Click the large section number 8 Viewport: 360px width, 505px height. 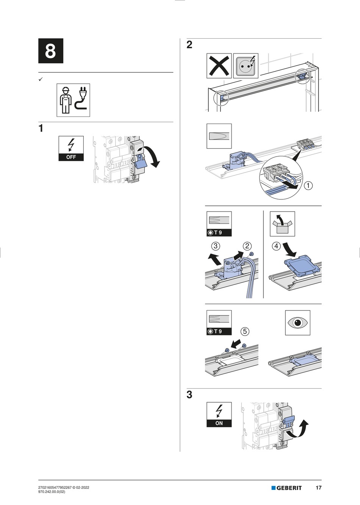pyautogui.click(x=50, y=51)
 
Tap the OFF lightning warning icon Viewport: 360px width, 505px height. pyautogui.click(x=71, y=148)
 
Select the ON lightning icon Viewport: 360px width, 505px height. pyautogui.click(x=219, y=414)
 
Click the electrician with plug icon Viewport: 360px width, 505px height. pyautogui.click(x=73, y=100)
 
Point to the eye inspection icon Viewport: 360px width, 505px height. pyautogui.click(x=297, y=323)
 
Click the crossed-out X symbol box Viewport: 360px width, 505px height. pyautogui.click(x=219, y=66)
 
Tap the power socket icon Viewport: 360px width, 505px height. pyautogui.click(x=246, y=66)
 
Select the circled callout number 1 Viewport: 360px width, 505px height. pyautogui.click(x=308, y=185)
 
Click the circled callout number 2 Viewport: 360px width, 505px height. pyautogui.click(x=247, y=246)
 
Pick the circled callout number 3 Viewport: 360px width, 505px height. pyautogui.click(x=216, y=246)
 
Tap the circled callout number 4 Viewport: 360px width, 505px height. pyautogui.click(x=276, y=246)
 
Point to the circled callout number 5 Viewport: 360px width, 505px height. pyautogui.click(x=245, y=331)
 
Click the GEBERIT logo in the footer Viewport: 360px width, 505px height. pyautogui.click(x=286, y=488)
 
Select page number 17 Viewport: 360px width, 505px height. pyautogui.click(x=318, y=488)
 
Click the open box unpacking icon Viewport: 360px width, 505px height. pyautogui.click(x=282, y=224)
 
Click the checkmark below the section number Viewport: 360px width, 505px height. pyautogui.click(x=40, y=79)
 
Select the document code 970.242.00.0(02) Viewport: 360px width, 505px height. pyautogui.click(x=52, y=492)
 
